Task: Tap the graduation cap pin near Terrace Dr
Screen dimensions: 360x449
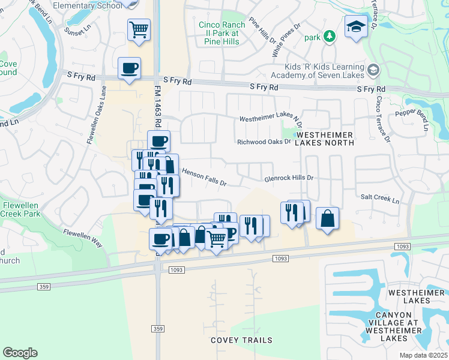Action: point(355,26)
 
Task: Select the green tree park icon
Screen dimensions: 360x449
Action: point(329,37)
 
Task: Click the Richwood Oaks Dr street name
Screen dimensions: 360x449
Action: point(264,142)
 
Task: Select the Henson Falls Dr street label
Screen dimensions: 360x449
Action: point(203,176)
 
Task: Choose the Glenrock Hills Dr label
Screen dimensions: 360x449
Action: point(289,178)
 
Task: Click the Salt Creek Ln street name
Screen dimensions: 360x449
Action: point(380,197)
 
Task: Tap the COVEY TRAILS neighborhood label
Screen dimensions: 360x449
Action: point(237,340)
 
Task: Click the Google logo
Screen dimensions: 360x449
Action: point(20,352)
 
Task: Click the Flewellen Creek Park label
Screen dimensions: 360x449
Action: point(20,209)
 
